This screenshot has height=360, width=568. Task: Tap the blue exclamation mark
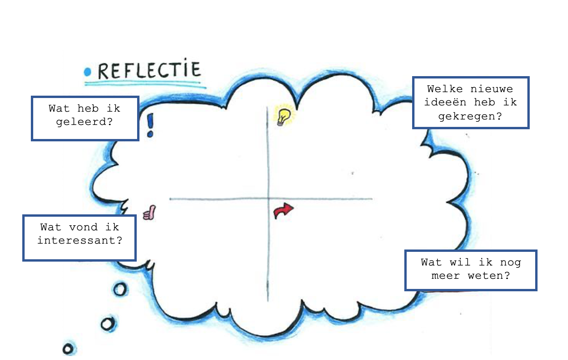point(150,125)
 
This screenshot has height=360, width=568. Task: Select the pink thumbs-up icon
point(150,213)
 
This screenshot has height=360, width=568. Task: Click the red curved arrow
point(284,211)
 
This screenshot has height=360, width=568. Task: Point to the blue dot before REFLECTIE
point(88,72)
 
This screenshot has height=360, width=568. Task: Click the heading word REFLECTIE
point(149,71)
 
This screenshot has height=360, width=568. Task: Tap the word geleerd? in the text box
point(84,122)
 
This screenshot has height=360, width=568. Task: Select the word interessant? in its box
point(80,241)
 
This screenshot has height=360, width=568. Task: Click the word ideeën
point(445,102)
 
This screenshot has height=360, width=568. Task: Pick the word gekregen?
point(470,116)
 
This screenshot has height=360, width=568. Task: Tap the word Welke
point(445,89)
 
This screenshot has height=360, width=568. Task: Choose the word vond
point(83,227)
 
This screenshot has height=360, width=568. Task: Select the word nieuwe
point(492,89)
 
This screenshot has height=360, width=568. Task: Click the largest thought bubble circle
point(120,289)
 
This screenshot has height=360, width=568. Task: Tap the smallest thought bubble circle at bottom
point(68,348)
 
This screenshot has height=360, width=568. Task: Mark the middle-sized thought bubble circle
point(108,324)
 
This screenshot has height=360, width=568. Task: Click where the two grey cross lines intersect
point(268,199)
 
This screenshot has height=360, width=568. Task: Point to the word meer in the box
point(445,276)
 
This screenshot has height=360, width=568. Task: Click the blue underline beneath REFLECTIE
point(145,83)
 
